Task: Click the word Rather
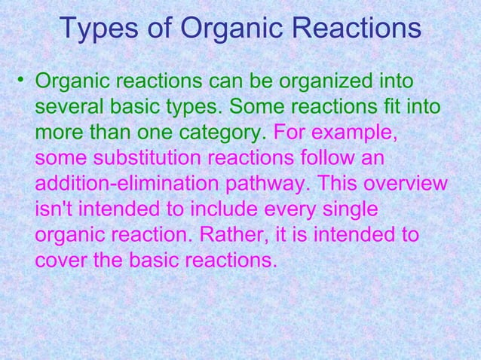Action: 230,237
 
